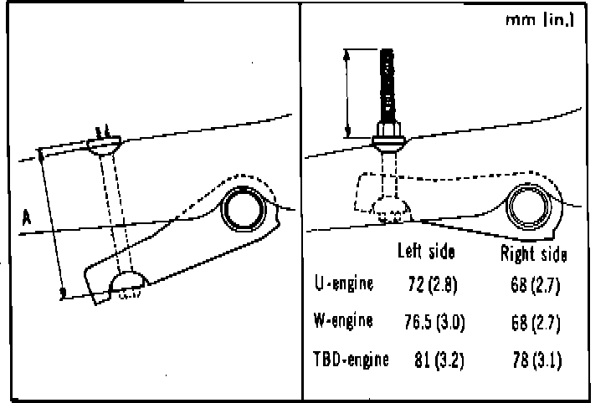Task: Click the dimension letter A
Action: (x=27, y=218)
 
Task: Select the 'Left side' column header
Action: (x=425, y=252)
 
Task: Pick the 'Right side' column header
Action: (x=532, y=253)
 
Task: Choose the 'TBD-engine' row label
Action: (x=350, y=360)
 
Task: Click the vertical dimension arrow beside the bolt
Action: (x=346, y=92)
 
